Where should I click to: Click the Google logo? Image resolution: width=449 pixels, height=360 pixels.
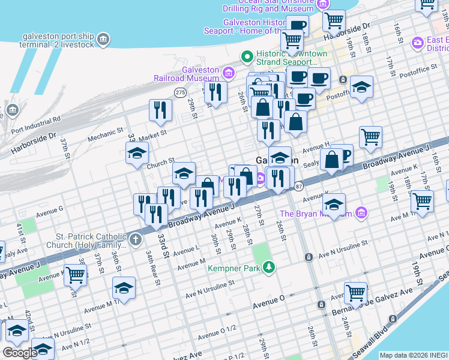(x=20, y=353)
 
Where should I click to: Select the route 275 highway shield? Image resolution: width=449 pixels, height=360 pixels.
(x=180, y=92)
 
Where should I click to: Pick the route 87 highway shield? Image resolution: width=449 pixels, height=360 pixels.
(x=298, y=187)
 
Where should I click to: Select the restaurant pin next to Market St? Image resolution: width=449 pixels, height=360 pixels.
(x=160, y=110)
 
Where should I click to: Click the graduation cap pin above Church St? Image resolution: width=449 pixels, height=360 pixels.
(x=137, y=153)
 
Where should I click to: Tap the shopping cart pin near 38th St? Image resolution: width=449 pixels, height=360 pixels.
(x=76, y=275)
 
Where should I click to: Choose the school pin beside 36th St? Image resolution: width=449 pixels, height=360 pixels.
(x=124, y=288)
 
